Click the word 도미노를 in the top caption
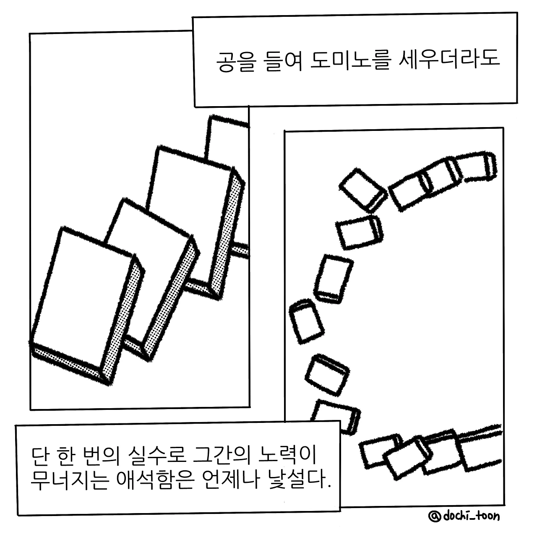point(349,61)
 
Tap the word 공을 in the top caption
point(236,62)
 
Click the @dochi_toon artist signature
point(464,516)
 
